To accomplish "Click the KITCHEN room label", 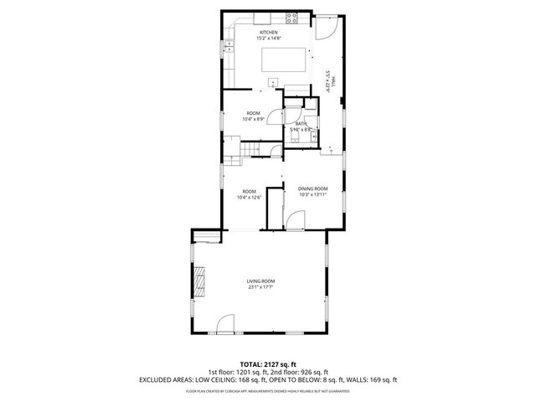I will coord(268,32).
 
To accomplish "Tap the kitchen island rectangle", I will coord(284,60).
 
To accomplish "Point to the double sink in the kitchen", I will coord(228,48).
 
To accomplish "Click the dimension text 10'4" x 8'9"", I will coord(253,119).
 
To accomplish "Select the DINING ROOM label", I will coord(312,189).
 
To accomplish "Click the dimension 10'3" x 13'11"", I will coord(312,196).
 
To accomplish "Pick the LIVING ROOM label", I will coord(260,281).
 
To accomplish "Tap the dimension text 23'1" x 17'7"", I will coord(260,287).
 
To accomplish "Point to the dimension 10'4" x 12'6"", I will coord(250,197).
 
